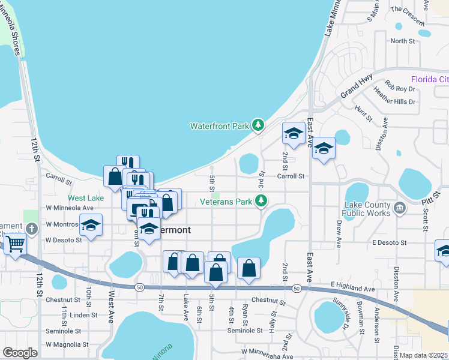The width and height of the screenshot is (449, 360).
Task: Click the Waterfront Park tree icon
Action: point(258,125)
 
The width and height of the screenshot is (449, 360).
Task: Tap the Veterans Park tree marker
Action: point(261,201)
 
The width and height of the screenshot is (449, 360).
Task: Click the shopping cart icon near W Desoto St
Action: point(14,244)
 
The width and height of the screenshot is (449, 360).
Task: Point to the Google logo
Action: point(20,353)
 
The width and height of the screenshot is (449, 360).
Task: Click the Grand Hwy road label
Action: point(357,88)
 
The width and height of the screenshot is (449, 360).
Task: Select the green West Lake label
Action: point(86,197)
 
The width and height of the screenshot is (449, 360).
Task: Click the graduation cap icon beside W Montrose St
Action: point(91,226)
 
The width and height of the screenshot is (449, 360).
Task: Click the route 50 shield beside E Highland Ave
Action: point(297,289)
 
